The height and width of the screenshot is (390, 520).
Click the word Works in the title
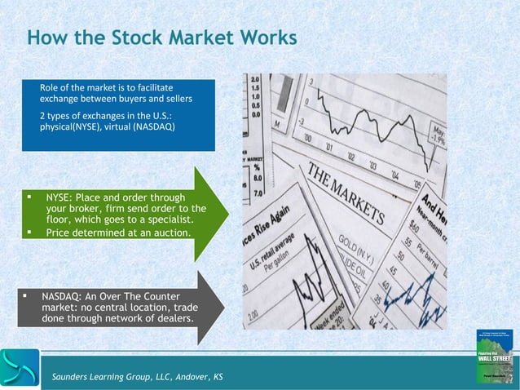(264, 38)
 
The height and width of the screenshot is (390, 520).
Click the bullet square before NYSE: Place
(28, 197)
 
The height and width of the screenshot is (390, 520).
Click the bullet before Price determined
(28, 233)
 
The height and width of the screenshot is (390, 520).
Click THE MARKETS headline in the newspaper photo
(343, 195)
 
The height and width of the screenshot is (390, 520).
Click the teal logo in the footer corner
(20, 368)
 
